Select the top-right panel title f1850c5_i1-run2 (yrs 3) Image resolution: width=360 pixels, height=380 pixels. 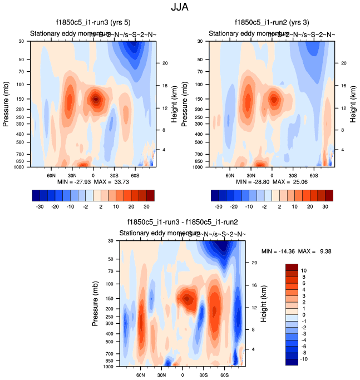tap(272, 23)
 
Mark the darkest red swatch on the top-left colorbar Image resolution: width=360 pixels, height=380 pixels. tap(150, 195)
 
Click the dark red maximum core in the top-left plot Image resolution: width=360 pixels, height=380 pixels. tap(96, 99)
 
